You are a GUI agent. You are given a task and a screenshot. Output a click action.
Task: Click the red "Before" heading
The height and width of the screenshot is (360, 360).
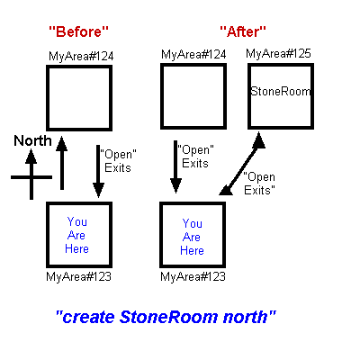pos(78,31)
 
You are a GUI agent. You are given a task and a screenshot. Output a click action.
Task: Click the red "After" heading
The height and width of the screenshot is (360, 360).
pos(243,31)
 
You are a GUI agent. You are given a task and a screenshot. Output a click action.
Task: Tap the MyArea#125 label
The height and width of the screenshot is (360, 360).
pos(278,53)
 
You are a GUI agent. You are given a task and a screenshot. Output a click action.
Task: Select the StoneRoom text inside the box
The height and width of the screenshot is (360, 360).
pos(281,91)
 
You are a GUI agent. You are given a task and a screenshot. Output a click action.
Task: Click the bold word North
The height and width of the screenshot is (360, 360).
pos(32,140)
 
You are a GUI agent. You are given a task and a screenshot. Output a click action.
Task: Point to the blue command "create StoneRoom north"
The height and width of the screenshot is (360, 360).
pos(166,317)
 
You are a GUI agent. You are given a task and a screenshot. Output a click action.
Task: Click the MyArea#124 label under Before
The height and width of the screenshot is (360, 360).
pos(81,56)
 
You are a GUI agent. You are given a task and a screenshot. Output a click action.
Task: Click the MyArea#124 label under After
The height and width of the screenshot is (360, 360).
pos(193,54)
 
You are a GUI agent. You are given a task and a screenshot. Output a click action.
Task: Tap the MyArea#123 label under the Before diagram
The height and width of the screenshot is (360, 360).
pos(78,276)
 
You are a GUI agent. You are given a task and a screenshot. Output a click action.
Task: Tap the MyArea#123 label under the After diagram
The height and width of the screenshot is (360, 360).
pos(193,276)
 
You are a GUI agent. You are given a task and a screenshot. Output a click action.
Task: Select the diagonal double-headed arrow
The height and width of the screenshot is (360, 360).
pos(242,164)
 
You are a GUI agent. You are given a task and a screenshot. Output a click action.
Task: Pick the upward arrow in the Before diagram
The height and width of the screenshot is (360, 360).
pos(62,163)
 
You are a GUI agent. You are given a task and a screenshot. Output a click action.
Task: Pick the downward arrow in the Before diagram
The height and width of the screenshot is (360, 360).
pos(98,171)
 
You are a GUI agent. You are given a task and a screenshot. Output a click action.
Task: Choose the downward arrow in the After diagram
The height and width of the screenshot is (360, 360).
pos(175,166)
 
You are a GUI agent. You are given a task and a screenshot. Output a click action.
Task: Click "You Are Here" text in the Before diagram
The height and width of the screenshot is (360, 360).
pos(76,235)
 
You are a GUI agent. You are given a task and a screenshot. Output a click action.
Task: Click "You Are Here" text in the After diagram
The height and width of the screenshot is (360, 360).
pos(192,237)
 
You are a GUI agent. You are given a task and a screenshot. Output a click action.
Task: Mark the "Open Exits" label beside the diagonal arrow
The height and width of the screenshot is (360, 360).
pos(259,184)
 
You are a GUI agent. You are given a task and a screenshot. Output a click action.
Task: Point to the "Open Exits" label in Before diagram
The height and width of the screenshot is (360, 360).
pos(118,161)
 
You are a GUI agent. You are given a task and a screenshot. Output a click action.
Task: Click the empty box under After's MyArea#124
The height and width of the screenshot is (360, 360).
pos(193,65)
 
